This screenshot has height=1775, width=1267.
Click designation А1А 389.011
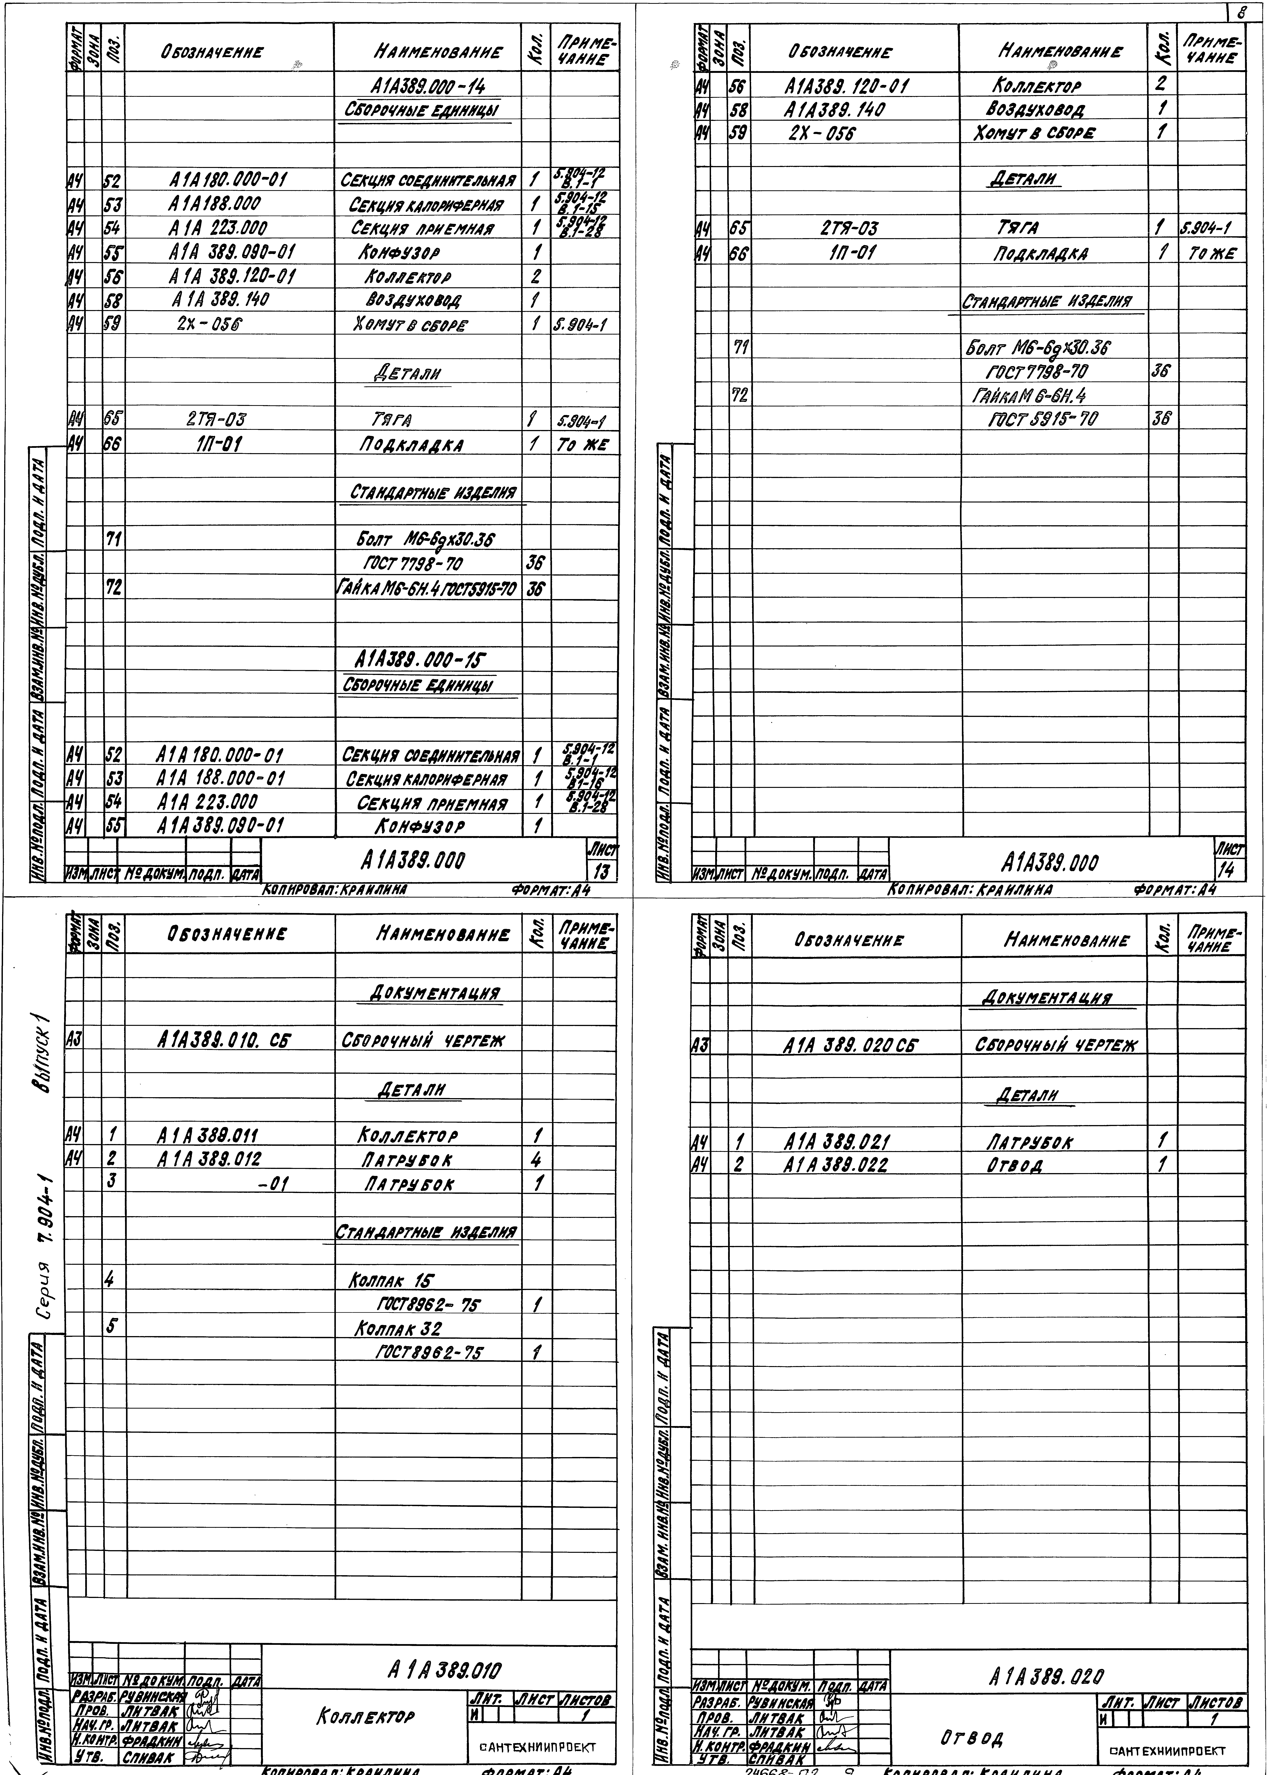click(x=208, y=1136)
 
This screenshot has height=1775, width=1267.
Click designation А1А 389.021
click(x=836, y=1141)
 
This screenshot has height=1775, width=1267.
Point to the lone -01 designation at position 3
click(x=273, y=1184)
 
